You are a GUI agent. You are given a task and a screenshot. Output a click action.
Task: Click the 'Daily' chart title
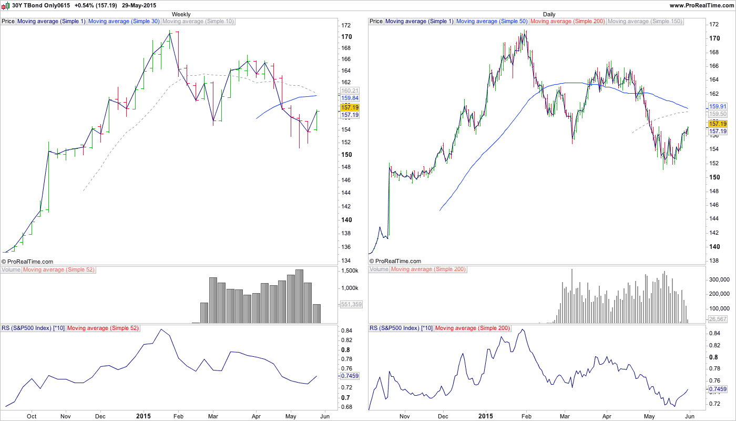pos(549,14)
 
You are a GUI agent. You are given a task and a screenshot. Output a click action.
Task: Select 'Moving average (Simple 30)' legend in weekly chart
pos(124,22)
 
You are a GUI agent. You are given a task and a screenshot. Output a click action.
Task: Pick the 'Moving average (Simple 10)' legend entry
pos(198,22)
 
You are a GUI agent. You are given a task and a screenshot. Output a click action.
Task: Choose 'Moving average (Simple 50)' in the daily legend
pos(492,22)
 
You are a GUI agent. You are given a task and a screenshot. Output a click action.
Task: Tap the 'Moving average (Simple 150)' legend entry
pos(645,22)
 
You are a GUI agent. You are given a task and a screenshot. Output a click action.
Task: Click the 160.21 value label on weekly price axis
pos(350,91)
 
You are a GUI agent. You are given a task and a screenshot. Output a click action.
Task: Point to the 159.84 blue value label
pos(350,98)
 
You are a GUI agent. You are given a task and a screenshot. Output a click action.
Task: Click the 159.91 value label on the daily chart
pos(718,106)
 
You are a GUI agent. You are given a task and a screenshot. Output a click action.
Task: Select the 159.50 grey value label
pos(718,114)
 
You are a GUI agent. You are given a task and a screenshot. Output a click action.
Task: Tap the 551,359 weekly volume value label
pos(352,304)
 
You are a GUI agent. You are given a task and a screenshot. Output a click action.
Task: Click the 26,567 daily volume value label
pos(718,319)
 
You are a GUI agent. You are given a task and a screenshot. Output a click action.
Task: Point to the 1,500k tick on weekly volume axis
pos(350,270)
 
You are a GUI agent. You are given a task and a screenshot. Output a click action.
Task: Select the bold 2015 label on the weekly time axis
pos(143,416)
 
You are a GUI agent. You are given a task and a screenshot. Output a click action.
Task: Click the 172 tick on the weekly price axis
pos(346,25)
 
